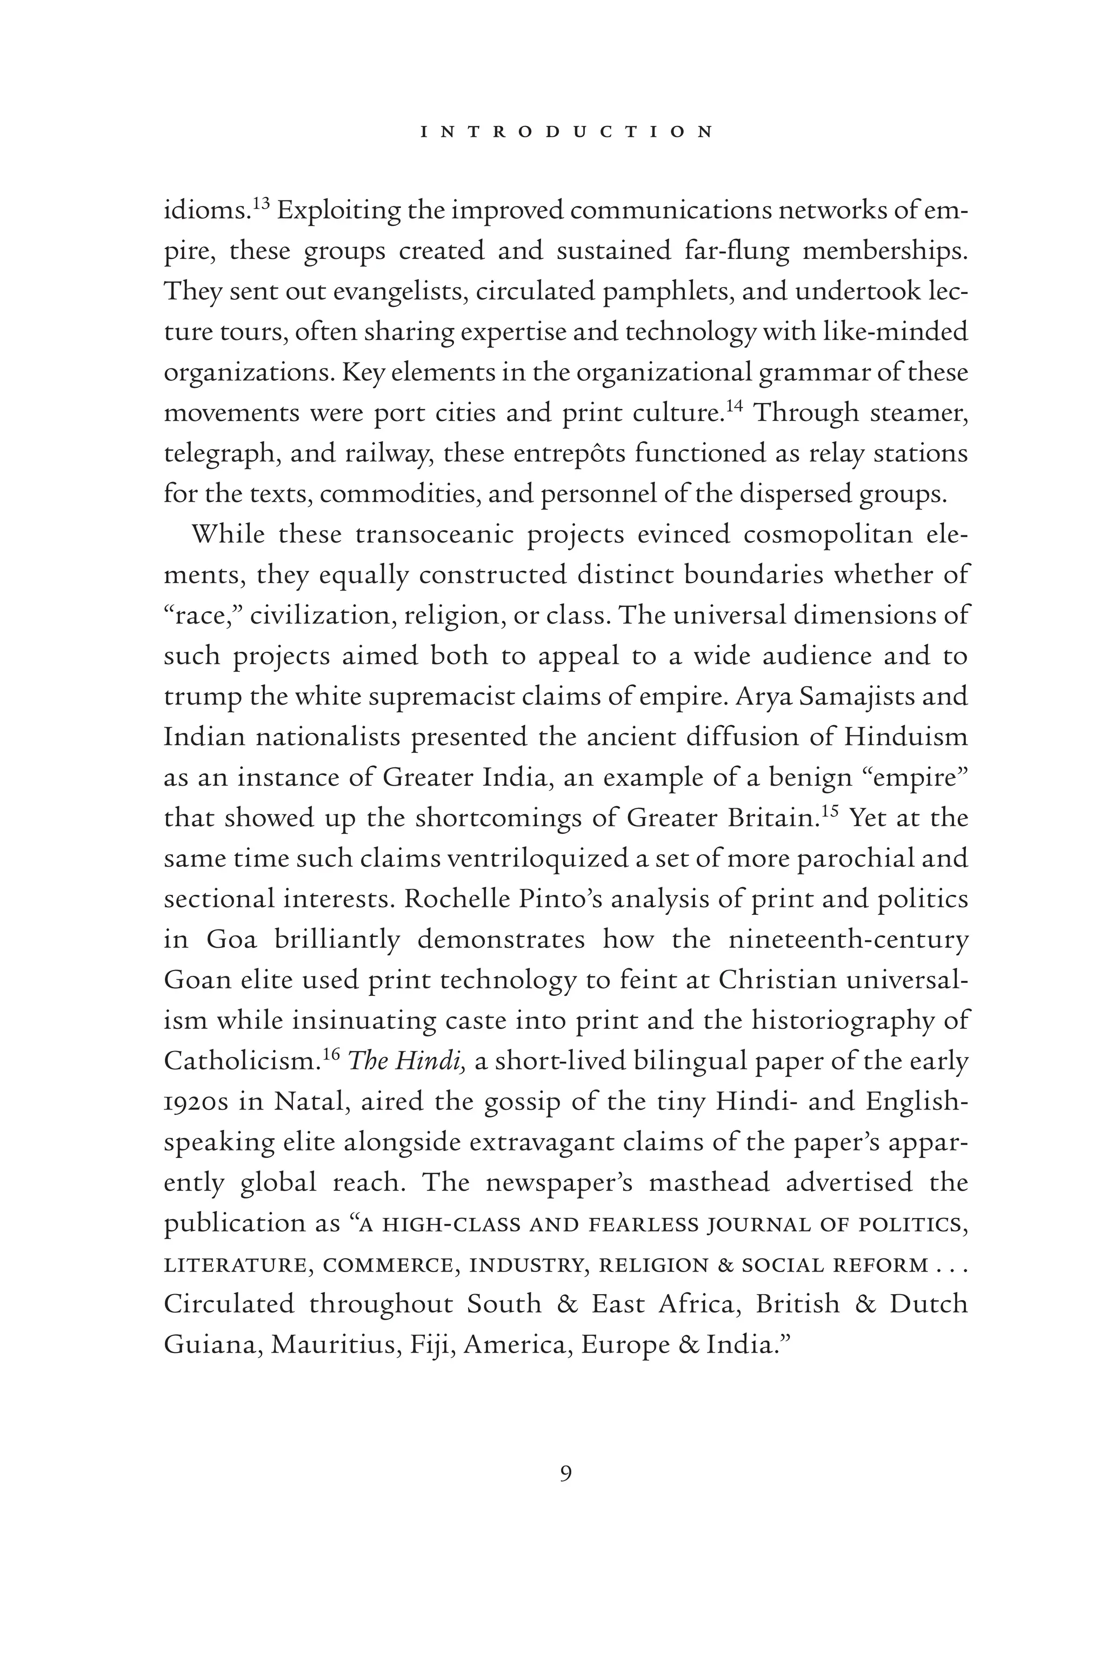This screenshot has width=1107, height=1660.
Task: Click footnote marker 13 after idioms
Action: pyautogui.click(x=261, y=204)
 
